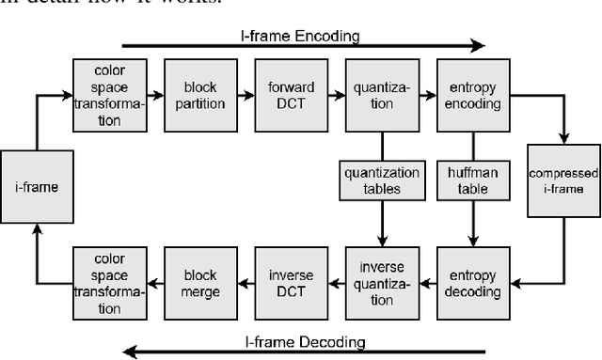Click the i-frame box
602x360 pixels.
tap(36, 187)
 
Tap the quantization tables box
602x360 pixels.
tap(381, 179)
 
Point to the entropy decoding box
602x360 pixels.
tap(472, 282)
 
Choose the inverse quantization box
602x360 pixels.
tap(381, 282)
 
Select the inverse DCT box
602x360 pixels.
tap(290, 282)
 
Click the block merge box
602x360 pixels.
tap(198, 282)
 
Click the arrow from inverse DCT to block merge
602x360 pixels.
tap(244, 282)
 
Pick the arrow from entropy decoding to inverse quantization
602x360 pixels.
tap(426, 282)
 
